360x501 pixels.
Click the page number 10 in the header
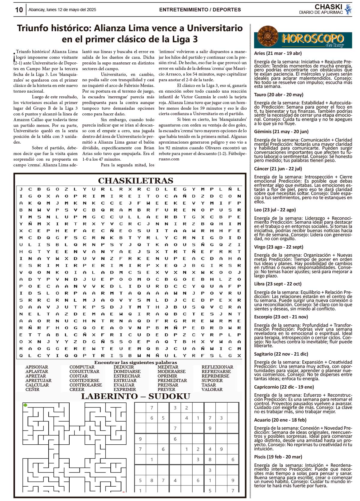click(x=19, y=10)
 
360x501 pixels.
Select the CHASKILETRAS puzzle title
click(x=136, y=181)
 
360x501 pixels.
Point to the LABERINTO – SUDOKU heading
click(x=136, y=396)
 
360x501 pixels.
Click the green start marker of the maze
click(x=25, y=405)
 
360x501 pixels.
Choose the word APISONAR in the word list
click(x=37, y=367)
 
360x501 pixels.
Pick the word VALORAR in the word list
click(x=212, y=389)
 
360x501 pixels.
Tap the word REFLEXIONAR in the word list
click(x=217, y=367)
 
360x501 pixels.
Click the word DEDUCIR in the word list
click(x=124, y=367)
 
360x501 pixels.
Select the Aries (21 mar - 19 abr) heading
click(x=278, y=53)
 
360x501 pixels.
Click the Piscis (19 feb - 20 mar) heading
click(x=278, y=457)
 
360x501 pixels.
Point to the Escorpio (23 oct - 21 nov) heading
click(x=281, y=317)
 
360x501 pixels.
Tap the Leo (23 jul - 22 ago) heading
click(x=275, y=210)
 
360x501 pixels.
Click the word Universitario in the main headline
click(x=215, y=28)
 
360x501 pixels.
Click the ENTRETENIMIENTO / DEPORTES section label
click(x=200, y=10)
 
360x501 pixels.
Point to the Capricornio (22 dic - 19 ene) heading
click(x=284, y=387)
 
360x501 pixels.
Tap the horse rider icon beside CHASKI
click(x=348, y=9)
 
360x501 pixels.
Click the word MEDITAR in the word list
click(x=168, y=367)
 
